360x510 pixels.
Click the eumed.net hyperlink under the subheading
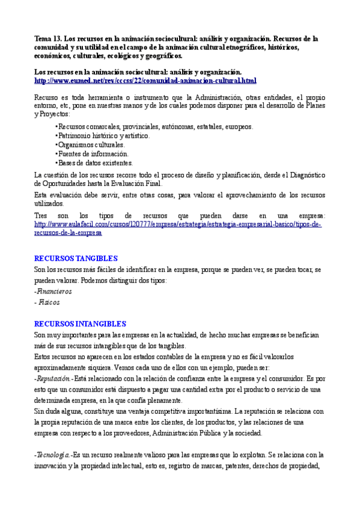coord(145,81)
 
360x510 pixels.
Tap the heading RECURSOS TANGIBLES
coord(76,258)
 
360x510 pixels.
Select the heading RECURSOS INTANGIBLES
coord(80,324)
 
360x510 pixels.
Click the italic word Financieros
coord(53,291)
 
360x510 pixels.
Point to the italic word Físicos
coord(49,302)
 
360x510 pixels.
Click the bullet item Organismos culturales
coord(91,145)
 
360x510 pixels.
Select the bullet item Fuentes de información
coord(93,154)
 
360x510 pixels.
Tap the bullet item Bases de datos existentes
coord(95,163)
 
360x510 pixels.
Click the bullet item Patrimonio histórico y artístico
coord(103,136)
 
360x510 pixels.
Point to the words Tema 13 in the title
coord(47,38)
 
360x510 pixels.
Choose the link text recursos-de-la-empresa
coord(68,233)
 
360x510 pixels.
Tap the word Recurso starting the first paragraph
coord(46,97)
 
